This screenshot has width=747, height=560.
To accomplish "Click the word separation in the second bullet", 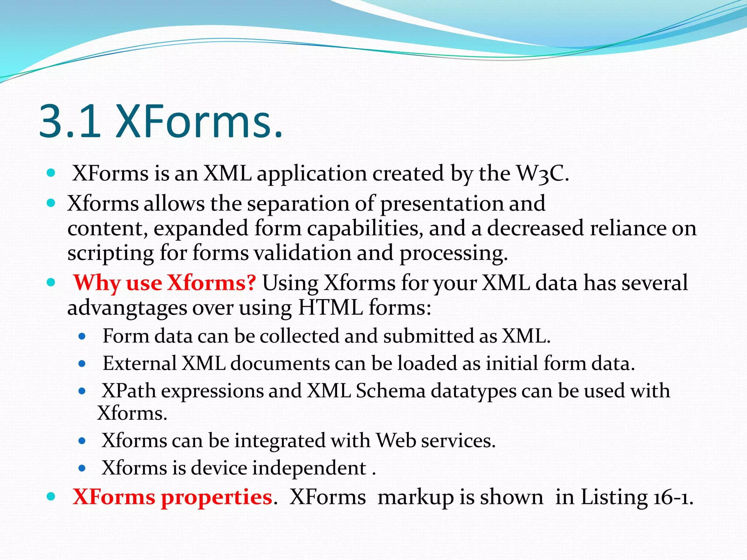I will click(298, 203).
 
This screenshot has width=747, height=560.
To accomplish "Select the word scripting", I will click(110, 253).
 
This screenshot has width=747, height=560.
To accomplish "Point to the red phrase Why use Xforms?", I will click(165, 283).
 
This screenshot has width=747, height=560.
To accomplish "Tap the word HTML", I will click(330, 308).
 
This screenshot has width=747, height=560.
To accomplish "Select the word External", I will click(139, 363).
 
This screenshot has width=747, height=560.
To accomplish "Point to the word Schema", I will click(391, 391).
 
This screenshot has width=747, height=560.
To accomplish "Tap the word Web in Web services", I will click(396, 441).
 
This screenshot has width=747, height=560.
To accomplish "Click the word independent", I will click(309, 468).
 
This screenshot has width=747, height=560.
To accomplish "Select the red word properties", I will click(217, 497).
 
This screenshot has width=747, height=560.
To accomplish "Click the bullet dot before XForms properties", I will click(51, 496).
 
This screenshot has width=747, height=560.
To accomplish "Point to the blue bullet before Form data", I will click(82, 336).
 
